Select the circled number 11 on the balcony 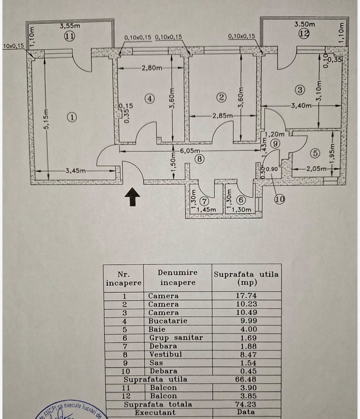(x=69, y=37)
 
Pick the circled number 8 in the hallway (x=200, y=159)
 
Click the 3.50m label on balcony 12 (x=305, y=24)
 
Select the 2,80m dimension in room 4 (x=152, y=68)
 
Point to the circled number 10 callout (x=279, y=199)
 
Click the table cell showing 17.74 (x=246, y=296)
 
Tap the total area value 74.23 (x=246, y=404)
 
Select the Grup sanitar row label (x=176, y=338)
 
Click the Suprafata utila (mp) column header (x=246, y=278)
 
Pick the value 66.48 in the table (x=246, y=379)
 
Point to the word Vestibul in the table (x=165, y=354)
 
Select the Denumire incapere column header (x=177, y=277)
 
